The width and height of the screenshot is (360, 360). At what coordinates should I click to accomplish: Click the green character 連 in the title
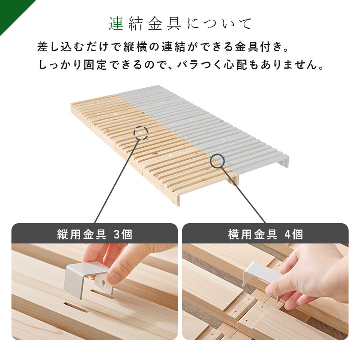tap(116, 23)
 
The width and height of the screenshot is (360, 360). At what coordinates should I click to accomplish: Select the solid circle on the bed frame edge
tap(217, 161)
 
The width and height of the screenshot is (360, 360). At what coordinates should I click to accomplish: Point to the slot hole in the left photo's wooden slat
tap(76, 308)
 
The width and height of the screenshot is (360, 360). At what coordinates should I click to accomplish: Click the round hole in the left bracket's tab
tap(103, 283)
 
